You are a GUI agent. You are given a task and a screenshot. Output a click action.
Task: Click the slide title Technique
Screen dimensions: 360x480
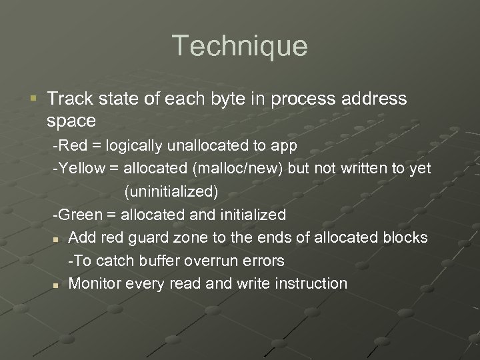(x=240, y=46)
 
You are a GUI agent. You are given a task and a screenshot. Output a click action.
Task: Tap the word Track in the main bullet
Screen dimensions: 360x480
(x=68, y=99)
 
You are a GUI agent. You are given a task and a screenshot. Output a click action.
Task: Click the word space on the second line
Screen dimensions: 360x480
(x=71, y=121)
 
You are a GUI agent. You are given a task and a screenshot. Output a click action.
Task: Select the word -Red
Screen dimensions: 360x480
(x=67, y=146)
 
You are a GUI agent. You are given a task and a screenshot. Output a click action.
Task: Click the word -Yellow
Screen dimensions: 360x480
(x=79, y=169)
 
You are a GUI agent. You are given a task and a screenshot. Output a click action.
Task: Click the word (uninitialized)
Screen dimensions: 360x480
(x=171, y=192)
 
